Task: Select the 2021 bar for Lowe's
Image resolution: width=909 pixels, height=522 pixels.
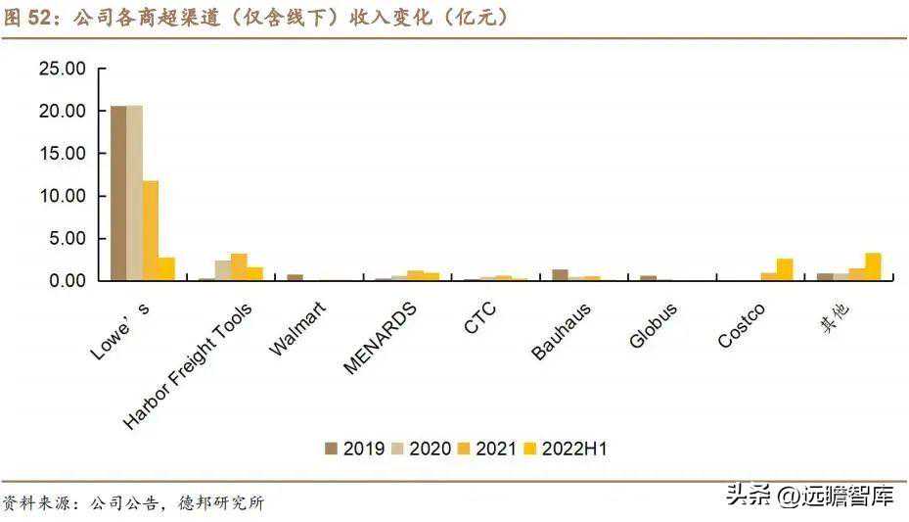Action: (x=151, y=231)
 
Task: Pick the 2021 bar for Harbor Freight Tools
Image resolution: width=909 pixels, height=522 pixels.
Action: (x=239, y=267)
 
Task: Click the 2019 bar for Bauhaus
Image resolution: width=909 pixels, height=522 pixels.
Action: (x=560, y=275)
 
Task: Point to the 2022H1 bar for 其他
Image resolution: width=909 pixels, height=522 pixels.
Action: (x=873, y=266)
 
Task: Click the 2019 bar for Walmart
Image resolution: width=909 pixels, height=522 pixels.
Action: (x=295, y=278)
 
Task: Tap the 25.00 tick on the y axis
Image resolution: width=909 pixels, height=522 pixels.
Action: (x=63, y=69)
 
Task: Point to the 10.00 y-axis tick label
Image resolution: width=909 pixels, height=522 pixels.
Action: (x=63, y=196)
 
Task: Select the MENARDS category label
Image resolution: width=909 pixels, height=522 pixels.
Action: (x=381, y=337)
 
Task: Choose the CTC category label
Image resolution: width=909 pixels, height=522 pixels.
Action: (x=480, y=319)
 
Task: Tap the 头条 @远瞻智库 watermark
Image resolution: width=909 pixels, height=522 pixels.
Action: (x=808, y=497)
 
